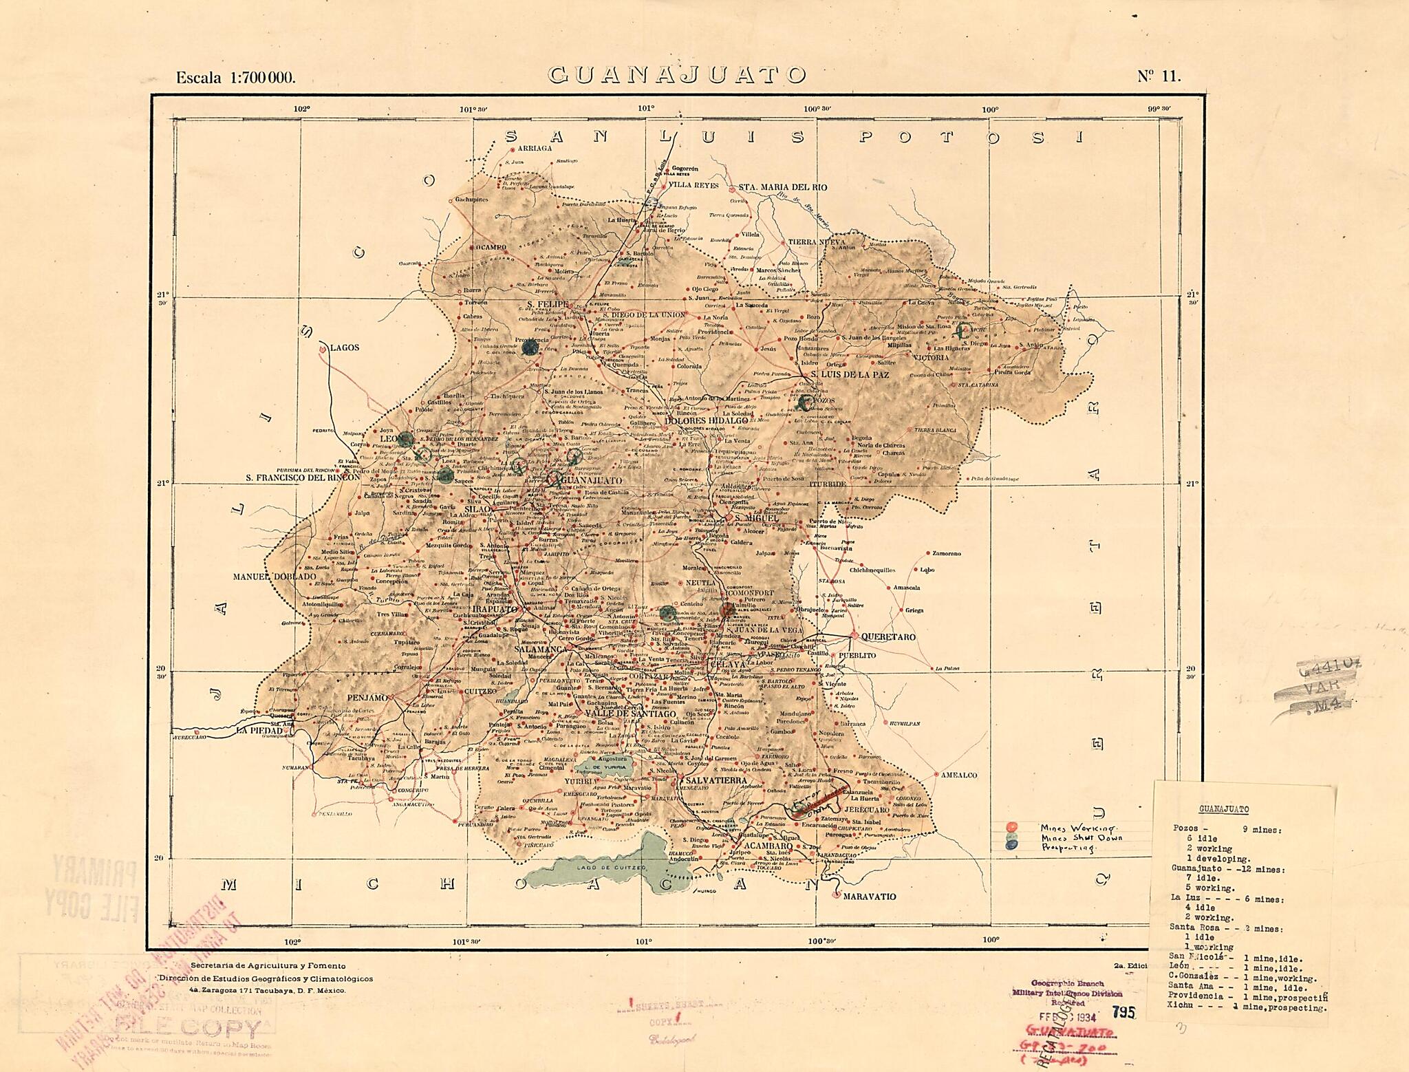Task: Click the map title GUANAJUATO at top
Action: coord(676,74)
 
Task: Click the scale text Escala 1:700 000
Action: coord(236,77)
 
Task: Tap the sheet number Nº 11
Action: coord(1159,76)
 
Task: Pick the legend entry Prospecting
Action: coord(1068,848)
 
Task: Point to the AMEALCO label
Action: coord(959,775)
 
